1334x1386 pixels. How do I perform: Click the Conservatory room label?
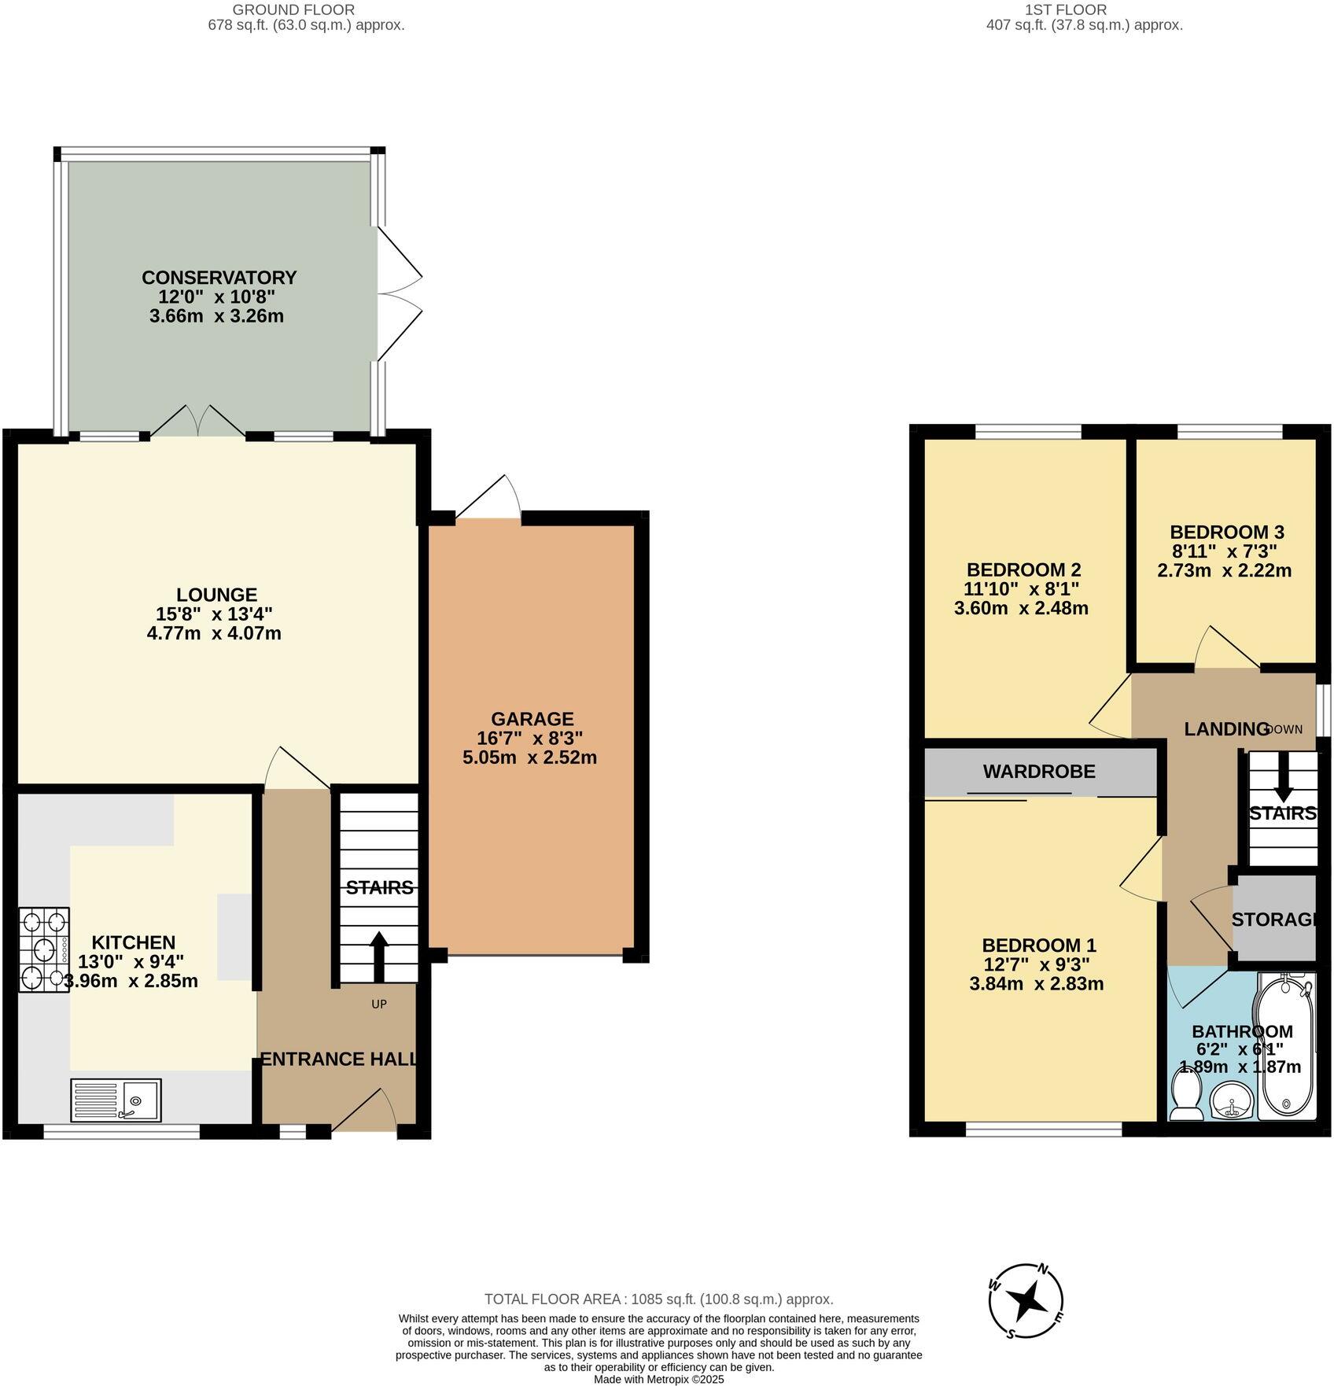pyautogui.click(x=219, y=278)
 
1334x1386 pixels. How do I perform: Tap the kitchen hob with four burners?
pyautogui.click(x=44, y=950)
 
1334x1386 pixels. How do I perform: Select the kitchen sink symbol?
pyautogui.click(x=116, y=1100)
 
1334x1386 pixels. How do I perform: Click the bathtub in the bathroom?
pyautogui.click(x=1287, y=1045)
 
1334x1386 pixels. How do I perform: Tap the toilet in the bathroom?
pyautogui.click(x=1185, y=1097)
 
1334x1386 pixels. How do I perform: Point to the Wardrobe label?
pyautogui.click(x=1039, y=772)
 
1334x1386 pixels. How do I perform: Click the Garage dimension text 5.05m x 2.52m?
pyautogui.click(x=530, y=758)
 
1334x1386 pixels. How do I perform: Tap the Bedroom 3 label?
pyautogui.click(x=1226, y=532)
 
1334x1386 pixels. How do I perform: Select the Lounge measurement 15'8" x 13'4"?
pyautogui.click(x=214, y=614)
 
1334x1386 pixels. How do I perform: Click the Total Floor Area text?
pyautogui.click(x=658, y=1299)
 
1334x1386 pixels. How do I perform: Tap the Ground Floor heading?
pyautogui.click(x=293, y=10)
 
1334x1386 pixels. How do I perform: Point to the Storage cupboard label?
pyautogui.click(x=1273, y=920)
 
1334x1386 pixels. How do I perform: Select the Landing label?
pyautogui.click(x=1225, y=729)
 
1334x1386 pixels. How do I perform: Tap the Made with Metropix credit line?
pyautogui.click(x=658, y=1379)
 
